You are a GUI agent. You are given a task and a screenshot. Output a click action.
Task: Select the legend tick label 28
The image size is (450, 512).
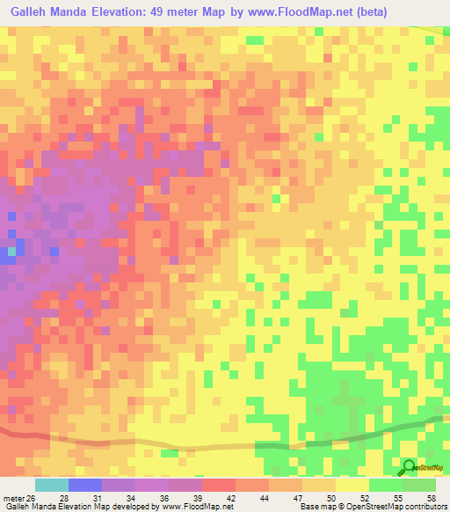(x=63, y=497)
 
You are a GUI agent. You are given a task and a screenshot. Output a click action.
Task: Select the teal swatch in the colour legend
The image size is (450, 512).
(x=52, y=485)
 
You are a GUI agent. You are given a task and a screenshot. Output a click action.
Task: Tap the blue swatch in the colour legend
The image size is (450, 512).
(x=85, y=485)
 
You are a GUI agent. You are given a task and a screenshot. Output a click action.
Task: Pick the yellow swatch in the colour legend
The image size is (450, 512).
(x=352, y=485)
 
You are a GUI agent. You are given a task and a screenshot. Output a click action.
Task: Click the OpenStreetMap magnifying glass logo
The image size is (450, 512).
(x=410, y=467)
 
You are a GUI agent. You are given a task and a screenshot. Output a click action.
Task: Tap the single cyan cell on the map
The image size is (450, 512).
(x=11, y=252)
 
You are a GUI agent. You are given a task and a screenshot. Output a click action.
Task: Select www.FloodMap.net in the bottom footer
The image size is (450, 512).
(x=193, y=507)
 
